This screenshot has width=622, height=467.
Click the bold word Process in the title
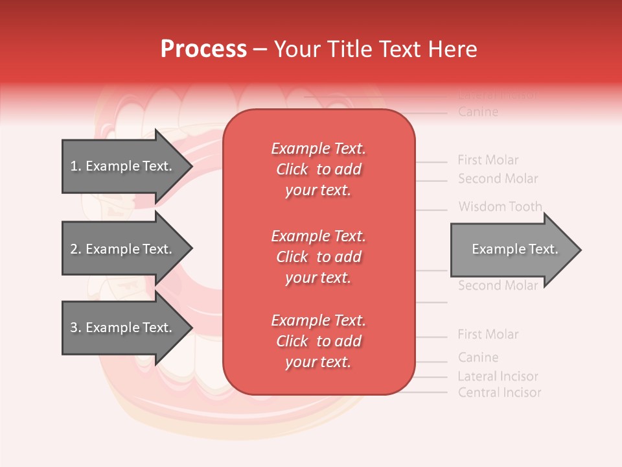coord(203,49)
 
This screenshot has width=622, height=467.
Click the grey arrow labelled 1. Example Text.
coord(123,166)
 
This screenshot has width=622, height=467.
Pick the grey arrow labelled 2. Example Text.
coord(123,249)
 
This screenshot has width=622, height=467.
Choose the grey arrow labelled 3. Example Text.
coord(123,328)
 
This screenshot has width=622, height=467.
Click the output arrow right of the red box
coord(512,250)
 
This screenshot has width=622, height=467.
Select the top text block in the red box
coord(318,169)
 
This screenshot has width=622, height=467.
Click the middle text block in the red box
coord(318,257)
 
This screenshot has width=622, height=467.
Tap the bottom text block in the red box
coord(318,341)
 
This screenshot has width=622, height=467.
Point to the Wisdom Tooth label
coord(500,207)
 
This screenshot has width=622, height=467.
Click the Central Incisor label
coord(499,392)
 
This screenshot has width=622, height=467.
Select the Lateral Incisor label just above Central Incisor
coord(498,376)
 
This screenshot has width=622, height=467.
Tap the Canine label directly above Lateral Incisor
coord(478,357)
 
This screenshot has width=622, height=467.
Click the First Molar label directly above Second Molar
coord(488,160)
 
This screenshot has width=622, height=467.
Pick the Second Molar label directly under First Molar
coord(498,178)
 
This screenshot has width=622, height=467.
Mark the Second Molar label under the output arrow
coord(498,286)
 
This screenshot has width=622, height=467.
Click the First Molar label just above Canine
coord(488,335)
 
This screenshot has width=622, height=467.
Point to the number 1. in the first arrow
coord(76,166)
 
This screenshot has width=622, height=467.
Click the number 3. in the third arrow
coord(76,328)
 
